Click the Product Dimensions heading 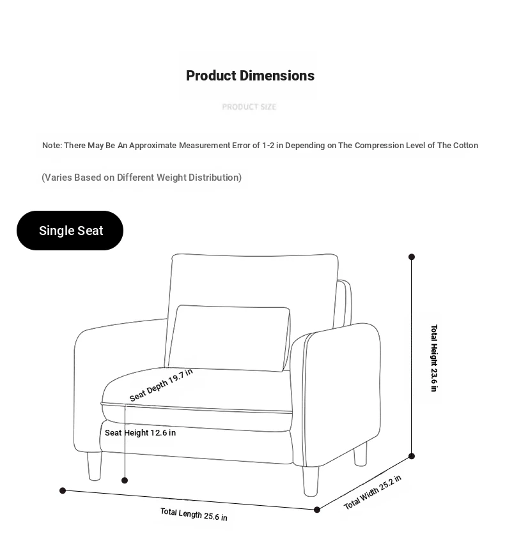250,76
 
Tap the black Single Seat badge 70,231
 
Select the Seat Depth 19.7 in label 160,385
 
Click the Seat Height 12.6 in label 140,433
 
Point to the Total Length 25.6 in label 194,514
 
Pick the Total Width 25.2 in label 373,492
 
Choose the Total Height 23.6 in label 434,358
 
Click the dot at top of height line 412,257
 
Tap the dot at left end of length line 63,490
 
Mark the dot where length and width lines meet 317,510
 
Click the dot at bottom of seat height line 125,480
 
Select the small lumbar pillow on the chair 229,337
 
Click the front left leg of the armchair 94,466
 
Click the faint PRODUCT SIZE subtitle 249,107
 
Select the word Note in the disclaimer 51,146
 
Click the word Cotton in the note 465,146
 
